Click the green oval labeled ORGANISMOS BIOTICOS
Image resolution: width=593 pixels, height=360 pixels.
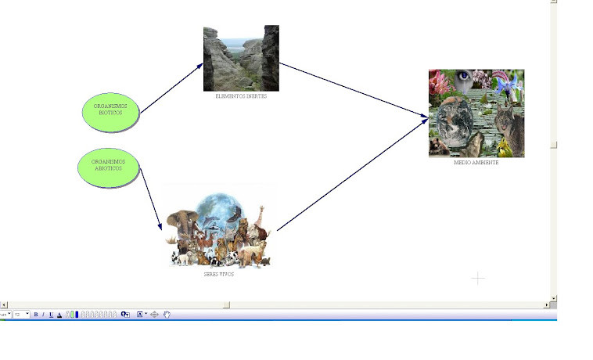point(110,112)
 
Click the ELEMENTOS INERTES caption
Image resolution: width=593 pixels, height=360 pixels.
point(241,96)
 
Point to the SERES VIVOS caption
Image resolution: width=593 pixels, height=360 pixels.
point(219,275)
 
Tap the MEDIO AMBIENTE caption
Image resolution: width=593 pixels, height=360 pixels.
point(476,163)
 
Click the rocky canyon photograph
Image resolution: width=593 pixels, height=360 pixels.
point(241,59)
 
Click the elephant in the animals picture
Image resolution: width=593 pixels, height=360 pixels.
point(181,223)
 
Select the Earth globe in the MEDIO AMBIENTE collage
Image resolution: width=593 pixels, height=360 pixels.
point(454,125)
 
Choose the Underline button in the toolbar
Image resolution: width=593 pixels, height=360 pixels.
point(51,315)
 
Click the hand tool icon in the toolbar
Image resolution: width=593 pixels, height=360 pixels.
point(167,315)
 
